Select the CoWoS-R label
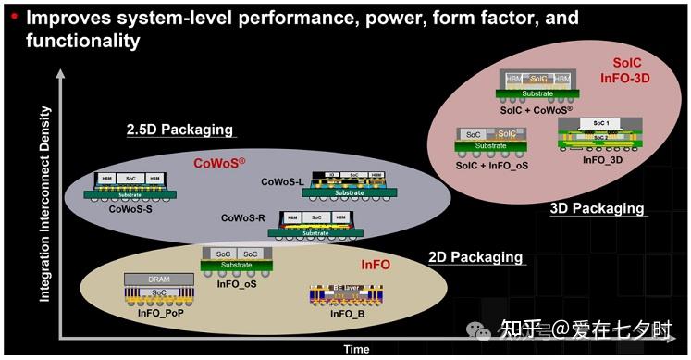[x=244, y=218]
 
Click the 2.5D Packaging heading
[x=179, y=130]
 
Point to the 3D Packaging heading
[x=597, y=208]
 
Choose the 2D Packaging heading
[x=475, y=257]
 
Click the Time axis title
[x=355, y=350]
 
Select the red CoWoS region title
[x=219, y=163]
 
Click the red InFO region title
[x=376, y=265]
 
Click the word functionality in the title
[x=83, y=41]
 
